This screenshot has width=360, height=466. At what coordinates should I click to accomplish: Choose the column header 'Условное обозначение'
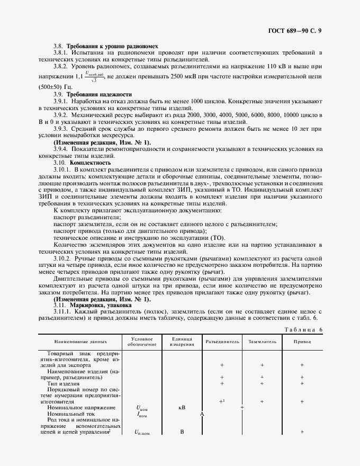[x=141, y=342]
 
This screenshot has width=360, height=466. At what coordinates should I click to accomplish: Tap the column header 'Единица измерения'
[x=182, y=342]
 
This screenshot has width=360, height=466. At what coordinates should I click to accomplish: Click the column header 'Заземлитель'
[x=262, y=342]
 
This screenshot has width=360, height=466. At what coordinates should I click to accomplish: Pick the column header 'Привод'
[x=302, y=342]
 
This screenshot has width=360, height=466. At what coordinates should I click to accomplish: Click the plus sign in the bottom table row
[x=302, y=432]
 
